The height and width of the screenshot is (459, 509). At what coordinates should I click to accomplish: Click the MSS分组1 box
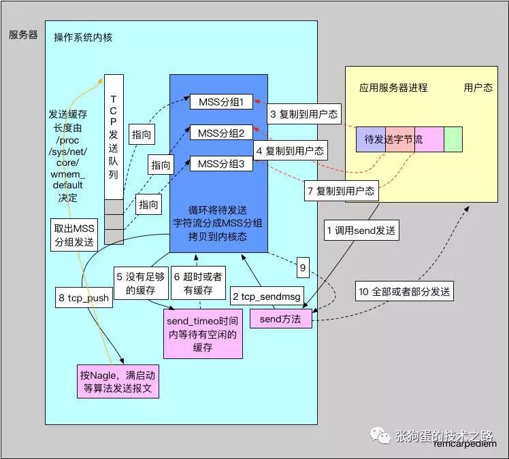(x=221, y=102)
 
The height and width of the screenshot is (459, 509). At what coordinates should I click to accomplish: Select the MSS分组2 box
(x=221, y=133)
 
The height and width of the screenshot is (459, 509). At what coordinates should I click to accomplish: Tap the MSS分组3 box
(x=221, y=164)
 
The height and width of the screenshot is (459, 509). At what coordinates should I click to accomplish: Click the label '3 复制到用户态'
(x=303, y=114)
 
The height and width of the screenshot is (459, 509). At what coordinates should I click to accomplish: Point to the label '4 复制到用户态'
(x=290, y=150)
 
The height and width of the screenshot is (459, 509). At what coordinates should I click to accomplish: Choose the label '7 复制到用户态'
(x=340, y=191)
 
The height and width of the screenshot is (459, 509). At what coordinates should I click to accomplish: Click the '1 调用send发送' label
(x=360, y=231)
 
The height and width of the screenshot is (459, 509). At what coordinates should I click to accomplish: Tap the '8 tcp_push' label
(x=83, y=297)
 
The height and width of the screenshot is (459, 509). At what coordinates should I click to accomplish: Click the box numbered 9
(x=303, y=268)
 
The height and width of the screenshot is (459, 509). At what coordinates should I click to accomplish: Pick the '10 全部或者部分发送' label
(x=405, y=292)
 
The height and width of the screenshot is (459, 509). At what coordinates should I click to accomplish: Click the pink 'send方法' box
(x=281, y=319)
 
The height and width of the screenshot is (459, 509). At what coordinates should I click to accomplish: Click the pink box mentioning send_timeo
(x=203, y=333)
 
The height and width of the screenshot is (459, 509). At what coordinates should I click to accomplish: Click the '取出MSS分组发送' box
(x=74, y=234)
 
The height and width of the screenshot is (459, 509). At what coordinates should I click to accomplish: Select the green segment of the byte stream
(x=453, y=139)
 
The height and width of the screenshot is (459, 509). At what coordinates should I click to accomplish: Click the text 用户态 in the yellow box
(x=478, y=88)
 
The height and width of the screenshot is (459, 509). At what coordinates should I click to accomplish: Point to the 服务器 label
(x=23, y=34)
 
